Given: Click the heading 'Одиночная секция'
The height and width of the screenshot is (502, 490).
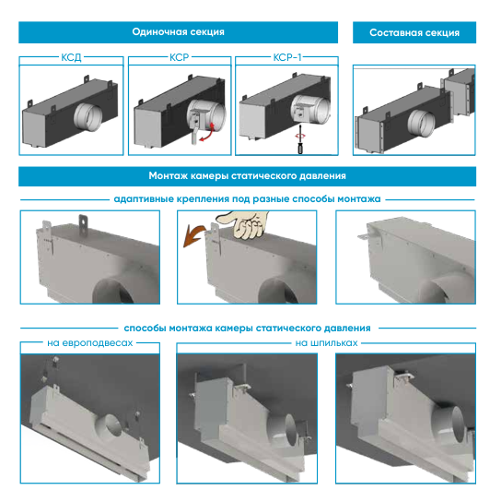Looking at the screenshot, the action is point(178,32).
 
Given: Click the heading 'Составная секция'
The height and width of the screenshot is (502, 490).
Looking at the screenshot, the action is point(414,32).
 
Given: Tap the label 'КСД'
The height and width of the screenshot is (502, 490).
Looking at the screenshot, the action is point(71,57).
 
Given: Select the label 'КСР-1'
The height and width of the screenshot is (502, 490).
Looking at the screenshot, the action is point(287,57).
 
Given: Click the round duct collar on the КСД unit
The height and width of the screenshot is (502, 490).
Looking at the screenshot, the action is point(87,116).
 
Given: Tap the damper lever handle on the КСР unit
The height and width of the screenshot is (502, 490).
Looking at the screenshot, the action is point(194,135).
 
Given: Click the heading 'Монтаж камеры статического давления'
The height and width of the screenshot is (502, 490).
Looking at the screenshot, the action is point(247,176).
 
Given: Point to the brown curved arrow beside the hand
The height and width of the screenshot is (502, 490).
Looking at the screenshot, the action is point(192,234).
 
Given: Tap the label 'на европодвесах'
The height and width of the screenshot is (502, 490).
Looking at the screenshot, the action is point(90,343).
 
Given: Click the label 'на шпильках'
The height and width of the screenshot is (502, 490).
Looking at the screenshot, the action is point(326,343).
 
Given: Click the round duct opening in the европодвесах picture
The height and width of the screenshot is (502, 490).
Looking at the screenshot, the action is point(111,426).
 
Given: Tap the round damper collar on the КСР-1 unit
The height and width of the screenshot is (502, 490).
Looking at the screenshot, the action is point(310,110).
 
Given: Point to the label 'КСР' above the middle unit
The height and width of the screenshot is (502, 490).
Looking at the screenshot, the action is point(180,57).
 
